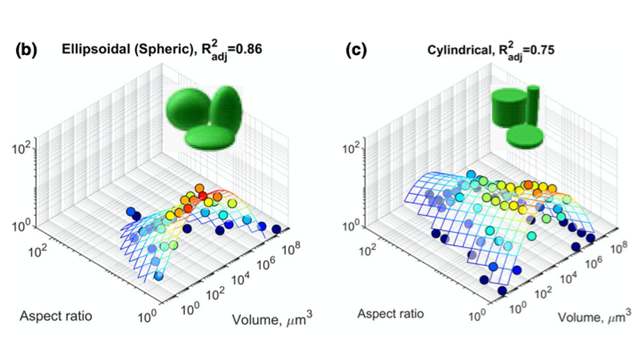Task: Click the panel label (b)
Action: coord(27,52)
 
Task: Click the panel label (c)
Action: coord(359,51)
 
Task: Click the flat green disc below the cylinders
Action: coord(525,135)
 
